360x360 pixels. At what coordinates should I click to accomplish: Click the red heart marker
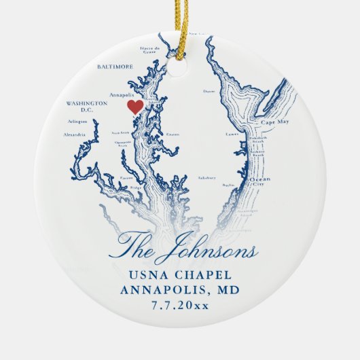click(134, 107)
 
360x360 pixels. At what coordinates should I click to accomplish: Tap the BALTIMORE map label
click(116, 67)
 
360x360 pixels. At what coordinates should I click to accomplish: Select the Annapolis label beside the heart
click(122, 96)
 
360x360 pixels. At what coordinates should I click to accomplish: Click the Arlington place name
click(78, 122)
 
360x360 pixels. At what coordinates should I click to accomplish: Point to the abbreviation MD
click(226, 291)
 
